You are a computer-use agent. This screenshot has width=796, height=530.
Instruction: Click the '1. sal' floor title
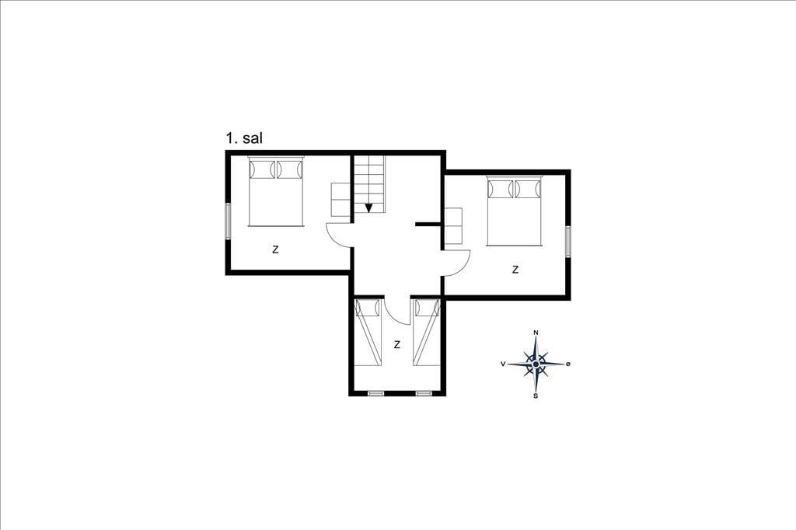[244, 138]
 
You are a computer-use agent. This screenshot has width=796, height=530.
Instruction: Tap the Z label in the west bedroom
[275, 249]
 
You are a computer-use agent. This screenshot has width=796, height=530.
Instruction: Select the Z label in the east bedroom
[515, 270]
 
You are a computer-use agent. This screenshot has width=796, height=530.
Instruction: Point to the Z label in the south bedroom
[397, 345]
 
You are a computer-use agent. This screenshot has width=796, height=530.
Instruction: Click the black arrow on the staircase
[369, 207]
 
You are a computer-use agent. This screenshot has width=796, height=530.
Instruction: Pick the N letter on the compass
[536, 333]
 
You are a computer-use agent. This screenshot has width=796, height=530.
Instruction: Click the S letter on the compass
[536, 396]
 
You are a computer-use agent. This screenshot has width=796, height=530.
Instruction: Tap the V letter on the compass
[503, 364]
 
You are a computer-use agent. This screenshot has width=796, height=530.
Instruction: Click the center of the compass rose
[536, 364]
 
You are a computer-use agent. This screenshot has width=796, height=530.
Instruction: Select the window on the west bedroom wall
[228, 221]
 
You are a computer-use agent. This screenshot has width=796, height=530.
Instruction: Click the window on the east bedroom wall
[568, 241]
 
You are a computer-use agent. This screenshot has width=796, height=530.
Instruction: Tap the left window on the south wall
[375, 393]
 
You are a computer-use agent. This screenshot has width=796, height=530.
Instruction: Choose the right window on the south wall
[424, 393]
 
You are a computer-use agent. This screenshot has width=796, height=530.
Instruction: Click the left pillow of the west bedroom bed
[262, 169]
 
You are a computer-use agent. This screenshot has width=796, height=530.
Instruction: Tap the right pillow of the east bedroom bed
[528, 190]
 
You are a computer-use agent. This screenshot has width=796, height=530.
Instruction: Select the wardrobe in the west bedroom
[340, 200]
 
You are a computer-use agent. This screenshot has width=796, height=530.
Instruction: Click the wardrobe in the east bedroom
[454, 226]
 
